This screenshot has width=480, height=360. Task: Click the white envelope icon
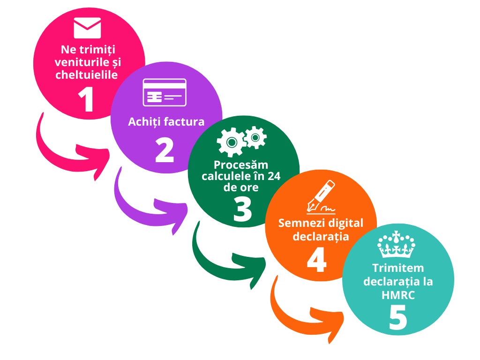(x=87, y=28)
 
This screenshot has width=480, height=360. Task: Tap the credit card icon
(x=165, y=92)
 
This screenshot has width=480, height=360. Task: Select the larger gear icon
(x=230, y=142)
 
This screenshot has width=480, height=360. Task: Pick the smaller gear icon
(x=255, y=137)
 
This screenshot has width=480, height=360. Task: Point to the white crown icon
(x=397, y=244)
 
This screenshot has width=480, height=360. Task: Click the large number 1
(x=87, y=99)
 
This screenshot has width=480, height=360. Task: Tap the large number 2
(x=165, y=150)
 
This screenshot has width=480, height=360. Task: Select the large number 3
(x=242, y=209)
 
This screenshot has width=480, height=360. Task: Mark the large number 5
(x=398, y=319)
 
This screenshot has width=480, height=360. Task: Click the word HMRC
(x=398, y=295)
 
